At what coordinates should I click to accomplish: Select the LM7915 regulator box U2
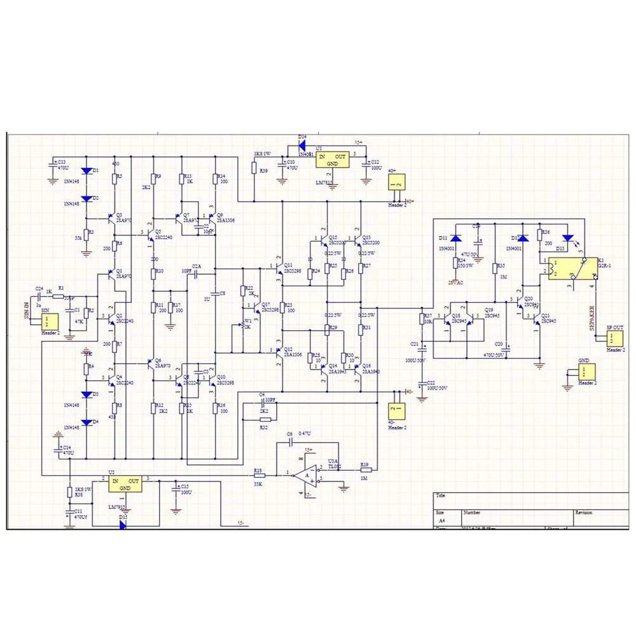(125, 485)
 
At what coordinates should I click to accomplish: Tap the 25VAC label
(455, 280)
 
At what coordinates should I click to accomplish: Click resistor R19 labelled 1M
(365, 471)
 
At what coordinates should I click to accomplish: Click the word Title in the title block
(441, 496)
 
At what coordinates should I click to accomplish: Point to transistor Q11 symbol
(279, 270)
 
